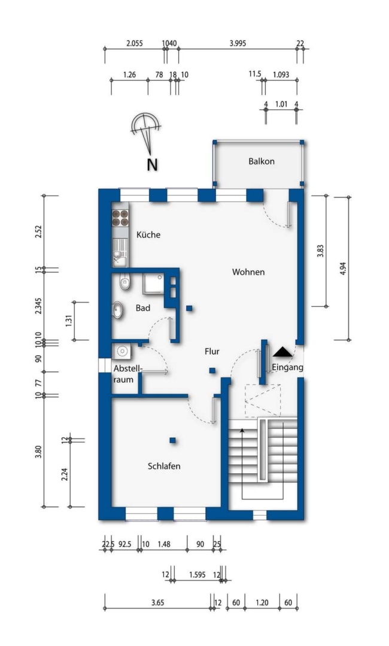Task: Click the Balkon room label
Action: [262, 161]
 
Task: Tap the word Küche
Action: [148, 234]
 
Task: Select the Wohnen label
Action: [248, 272]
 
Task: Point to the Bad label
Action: [143, 308]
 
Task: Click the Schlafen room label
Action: [164, 466]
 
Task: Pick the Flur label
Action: [212, 352]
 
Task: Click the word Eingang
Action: [288, 367]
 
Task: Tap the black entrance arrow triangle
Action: [282, 352]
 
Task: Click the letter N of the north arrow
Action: [153, 165]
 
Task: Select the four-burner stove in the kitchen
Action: [120, 218]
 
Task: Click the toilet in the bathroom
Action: [124, 282]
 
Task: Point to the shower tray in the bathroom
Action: [153, 284]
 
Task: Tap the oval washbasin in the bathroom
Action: [118, 310]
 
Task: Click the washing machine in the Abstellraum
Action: [122, 352]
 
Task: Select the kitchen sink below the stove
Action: [120, 253]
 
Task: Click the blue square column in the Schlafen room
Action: [173, 440]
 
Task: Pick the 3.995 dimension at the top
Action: [238, 43]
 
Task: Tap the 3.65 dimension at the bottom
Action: [157, 603]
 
